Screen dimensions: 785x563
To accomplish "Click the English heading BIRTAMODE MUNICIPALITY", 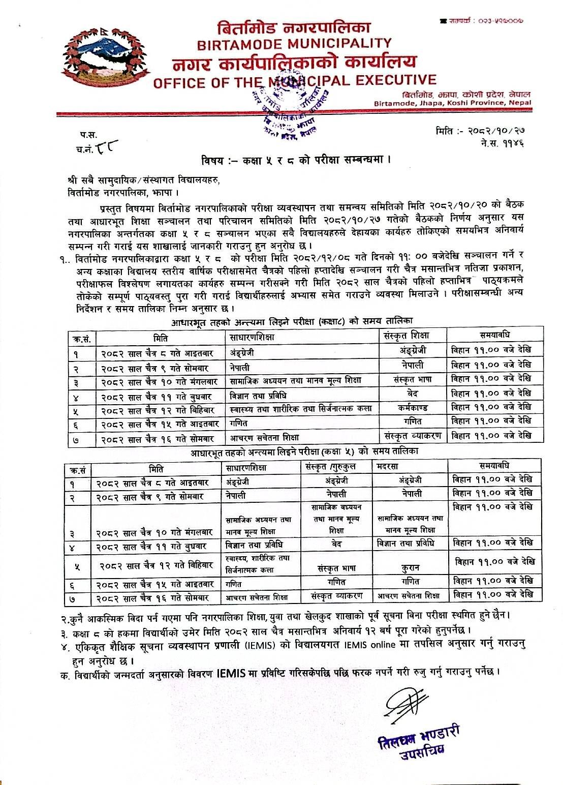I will [294, 44].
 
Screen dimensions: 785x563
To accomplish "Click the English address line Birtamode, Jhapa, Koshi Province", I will [452, 103].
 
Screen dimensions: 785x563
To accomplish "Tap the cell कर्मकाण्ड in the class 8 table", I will [413, 407].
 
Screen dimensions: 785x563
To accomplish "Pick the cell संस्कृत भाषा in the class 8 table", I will [413, 379].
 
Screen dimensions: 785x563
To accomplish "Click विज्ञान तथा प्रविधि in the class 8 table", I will [259, 395].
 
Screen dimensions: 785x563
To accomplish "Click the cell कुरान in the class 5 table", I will [411, 567].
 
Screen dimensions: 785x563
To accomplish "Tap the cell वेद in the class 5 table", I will [336, 544].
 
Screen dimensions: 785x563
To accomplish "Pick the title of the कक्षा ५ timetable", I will [305, 451].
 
